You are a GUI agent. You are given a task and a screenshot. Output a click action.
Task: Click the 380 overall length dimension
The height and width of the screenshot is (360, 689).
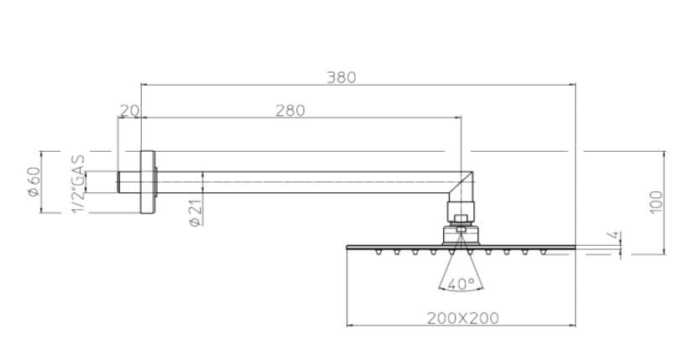pyautogui.click(x=341, y=77)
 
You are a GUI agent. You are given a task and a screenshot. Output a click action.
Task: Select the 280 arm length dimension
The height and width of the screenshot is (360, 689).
pyautogui.click(x=290, y=110)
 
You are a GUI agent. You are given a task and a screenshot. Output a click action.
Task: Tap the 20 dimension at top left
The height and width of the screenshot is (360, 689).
pyautogui.click(x=129, y=110)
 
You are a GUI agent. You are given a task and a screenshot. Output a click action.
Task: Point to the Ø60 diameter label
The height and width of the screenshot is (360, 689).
pyautogui.click(x=34, y=182)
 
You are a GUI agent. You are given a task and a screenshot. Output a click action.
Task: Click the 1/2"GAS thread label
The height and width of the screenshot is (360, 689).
pyautogui.click(x=78, y=183)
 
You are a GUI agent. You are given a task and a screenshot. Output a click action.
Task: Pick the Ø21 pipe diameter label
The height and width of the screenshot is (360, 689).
pyautogui.click(x=194, y=214)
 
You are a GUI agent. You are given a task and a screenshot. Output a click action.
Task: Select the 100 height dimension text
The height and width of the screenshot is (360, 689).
pyautogui.click(x=655, y=202)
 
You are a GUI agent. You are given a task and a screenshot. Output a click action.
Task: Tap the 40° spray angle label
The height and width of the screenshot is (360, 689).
pyautogui.click(x=461, y=284)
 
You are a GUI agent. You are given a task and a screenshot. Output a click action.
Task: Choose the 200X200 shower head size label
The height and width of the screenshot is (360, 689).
pyautogui.click(x=461, y=318)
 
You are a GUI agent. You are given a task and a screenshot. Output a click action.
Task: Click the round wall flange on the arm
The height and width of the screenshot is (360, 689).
pyautogui.click(x=148, y=182)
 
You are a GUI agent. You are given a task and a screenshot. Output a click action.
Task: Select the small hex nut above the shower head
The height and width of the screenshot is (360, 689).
pyautogui.click(x=460, y=221)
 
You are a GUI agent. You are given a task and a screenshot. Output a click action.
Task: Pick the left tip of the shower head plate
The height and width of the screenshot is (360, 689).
pyautogui.click(x=348, y=247)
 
